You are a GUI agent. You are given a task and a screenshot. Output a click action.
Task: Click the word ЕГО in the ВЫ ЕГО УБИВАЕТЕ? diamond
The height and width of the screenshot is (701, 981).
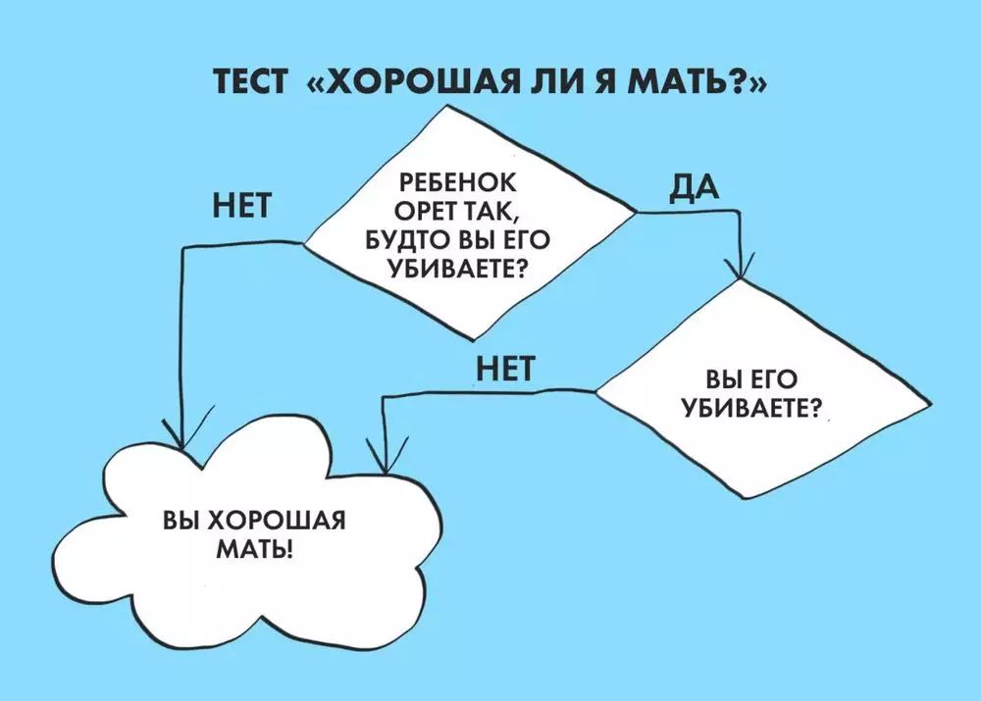point(779,377)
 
